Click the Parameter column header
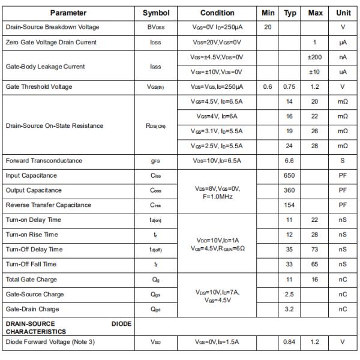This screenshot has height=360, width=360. pos(68,13)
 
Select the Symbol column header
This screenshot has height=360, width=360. pos(156,13)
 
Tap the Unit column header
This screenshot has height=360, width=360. pos(343,13)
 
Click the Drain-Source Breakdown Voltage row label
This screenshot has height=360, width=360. pos(52,28)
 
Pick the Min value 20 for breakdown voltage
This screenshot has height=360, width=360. pos(268,28)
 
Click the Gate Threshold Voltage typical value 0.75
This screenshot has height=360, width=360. pos(290,87)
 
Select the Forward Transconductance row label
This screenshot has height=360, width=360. pos(44,161)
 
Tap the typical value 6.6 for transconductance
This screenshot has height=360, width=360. pos(290,161)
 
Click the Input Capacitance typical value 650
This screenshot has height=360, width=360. pos(290,176)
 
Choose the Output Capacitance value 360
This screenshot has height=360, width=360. pos(290,190)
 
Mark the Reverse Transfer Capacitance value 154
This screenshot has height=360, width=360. pos(290,205)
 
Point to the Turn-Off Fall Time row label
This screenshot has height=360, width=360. pos(31,264)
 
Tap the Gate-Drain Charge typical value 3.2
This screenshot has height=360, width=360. pos(290,309)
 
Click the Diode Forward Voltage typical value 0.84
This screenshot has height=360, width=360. pos(290,342)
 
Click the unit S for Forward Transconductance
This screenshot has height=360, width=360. pos(343,161)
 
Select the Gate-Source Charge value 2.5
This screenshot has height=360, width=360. pos(290,294)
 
